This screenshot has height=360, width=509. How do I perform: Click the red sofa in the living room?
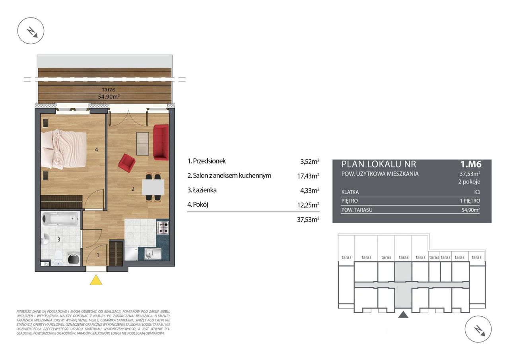coord(161,142)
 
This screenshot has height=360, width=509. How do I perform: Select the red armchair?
coord(127,163)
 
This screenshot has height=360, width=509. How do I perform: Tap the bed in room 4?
coord(64,149)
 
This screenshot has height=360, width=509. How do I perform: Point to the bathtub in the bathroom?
coord(61,219)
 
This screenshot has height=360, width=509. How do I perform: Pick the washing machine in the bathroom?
coord(74,259)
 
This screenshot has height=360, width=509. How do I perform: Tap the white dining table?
coord(153,187)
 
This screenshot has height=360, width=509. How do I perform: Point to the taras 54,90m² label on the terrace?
coord(109,93)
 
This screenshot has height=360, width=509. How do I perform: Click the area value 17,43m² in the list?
coord(308,176)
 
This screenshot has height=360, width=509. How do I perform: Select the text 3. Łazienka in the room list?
coord(202,190)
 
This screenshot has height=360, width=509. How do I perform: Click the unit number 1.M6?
coord(471,164)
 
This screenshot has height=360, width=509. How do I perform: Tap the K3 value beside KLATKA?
coord(477,192)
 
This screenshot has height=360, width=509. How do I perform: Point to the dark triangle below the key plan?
coord(403,315)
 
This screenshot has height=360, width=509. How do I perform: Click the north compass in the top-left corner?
coord(31,31)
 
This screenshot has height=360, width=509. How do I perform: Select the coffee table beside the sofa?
coord(142,144)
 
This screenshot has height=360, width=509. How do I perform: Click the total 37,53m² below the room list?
coord(308,220)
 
